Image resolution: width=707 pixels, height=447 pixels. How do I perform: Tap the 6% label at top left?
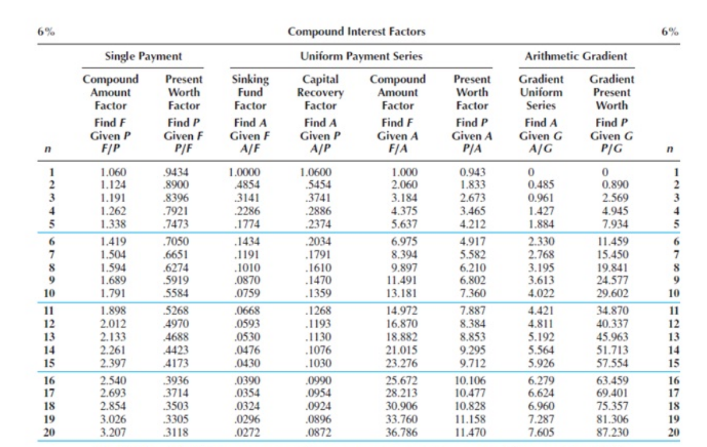[x=47, y=32]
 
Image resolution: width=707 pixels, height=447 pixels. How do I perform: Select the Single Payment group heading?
[x=143, y=57]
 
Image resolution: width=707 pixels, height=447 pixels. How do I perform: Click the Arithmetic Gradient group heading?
[x=576, y=57]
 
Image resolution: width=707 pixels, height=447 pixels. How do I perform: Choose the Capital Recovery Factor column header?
[x=320, y=92]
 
